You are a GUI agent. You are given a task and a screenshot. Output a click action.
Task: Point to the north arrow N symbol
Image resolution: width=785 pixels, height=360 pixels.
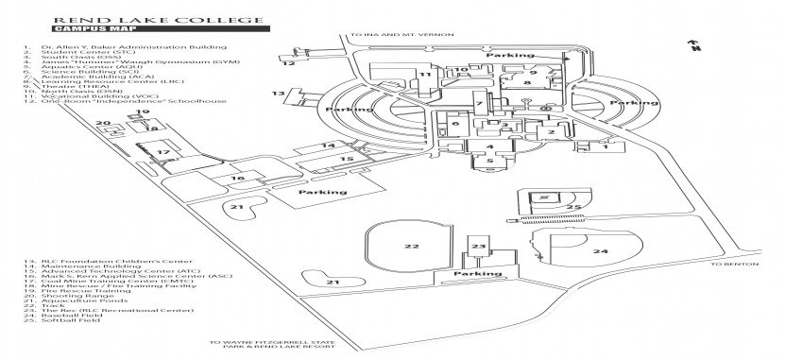[694, 44]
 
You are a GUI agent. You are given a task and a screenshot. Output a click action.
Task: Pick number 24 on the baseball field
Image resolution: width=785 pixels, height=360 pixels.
[600, 251]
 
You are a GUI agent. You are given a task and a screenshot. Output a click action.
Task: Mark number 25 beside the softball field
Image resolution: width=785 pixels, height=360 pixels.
[572, 206]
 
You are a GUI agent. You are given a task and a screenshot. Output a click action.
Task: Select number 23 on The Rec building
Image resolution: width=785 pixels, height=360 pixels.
[478, 246]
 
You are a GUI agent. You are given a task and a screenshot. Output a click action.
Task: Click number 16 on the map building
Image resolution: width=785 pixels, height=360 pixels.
[237, 178]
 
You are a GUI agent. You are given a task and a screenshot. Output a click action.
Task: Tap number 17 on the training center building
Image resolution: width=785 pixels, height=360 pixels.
[162, 151]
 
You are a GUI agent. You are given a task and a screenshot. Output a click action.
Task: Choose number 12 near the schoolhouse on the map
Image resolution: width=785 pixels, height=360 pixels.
[289, 64]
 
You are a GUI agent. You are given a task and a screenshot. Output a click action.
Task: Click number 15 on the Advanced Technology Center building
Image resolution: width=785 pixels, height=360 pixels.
[347, 160]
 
